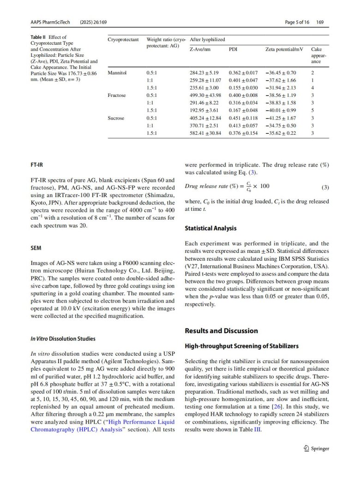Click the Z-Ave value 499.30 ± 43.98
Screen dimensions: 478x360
coord(205,96)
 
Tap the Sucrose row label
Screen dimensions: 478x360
coord(116,118)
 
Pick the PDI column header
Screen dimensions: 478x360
coord(233,49)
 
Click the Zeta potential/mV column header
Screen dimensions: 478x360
coord(283,49)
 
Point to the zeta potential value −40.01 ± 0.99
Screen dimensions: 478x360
coord(281,110)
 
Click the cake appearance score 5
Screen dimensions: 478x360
coord(312,110)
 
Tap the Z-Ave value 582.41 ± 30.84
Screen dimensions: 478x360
coord(205,133)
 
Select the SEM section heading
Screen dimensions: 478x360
coord(36,248)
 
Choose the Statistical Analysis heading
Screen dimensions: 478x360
coord(210,228)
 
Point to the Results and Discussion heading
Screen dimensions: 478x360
coord(221,331)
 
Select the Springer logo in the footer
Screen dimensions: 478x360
coord(316,448)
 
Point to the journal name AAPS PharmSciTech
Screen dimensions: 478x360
coord(50,22)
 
